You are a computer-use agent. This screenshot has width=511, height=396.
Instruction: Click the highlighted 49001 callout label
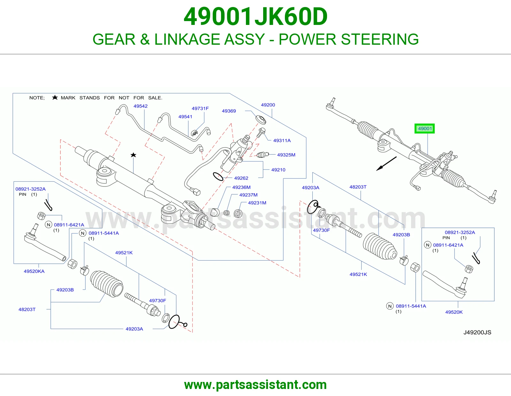click(425, 129)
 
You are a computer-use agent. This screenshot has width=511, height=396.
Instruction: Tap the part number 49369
click(229, 111)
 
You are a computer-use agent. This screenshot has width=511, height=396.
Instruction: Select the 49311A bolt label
click(282, 141)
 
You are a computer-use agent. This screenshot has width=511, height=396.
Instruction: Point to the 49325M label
click(286, 155)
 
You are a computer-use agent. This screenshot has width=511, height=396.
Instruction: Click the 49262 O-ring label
click(241, 178)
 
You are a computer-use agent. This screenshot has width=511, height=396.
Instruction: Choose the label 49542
click(141, 106)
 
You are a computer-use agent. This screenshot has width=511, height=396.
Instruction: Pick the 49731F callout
click(200, 108)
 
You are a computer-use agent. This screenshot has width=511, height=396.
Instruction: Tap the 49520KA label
click(34, 271)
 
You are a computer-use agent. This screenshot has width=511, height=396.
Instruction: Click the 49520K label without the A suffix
click(454, 312)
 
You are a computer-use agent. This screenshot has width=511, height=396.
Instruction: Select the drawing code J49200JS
click(477, 332)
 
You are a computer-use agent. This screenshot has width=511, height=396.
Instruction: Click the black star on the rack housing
click(133, 155)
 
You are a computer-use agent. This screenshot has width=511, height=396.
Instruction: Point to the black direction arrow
click(386, 164)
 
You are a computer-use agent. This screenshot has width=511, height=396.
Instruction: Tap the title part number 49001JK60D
click(256, 17)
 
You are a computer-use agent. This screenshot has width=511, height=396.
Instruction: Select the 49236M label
click(241, 187)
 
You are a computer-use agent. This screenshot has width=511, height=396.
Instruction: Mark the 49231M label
click(257, 203)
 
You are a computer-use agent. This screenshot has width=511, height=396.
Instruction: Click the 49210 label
click(278, 170)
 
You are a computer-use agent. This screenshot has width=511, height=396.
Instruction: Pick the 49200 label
click(268, 105)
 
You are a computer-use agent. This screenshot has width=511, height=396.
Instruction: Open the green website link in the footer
click(256, 385)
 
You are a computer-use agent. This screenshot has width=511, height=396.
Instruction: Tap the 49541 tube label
click(185, 117)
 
